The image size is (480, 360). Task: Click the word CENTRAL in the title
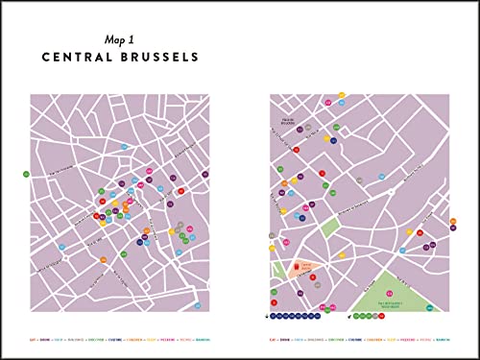79,58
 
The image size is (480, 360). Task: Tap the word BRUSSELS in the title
156,58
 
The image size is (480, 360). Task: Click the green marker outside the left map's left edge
27,174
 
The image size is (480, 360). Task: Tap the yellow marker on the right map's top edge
342,95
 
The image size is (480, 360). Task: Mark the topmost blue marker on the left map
124,145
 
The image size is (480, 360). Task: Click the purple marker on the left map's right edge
205,175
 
